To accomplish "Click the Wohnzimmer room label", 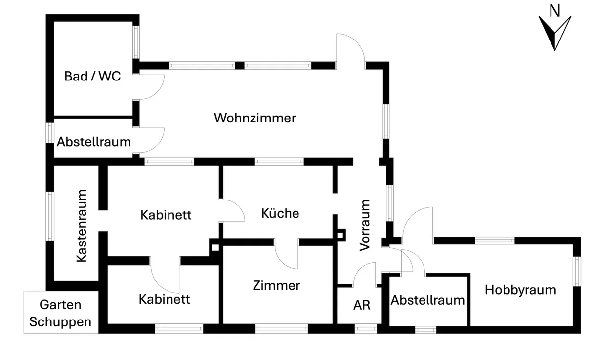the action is pos(255,118).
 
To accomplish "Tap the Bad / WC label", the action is pos(92,76).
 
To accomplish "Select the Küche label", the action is pos(280,213).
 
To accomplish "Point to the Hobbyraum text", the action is pos(520,290).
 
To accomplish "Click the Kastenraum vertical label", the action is pos(82,226).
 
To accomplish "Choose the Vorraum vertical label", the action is pos(365,225).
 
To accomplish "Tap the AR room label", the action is pos(362,305).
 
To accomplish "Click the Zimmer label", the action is pos(276,285).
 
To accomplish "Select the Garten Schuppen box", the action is pos(61,313).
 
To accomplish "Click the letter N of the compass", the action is pos(555,11).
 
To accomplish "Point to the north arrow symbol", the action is pos(555,33).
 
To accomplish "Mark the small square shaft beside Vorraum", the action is pos(340,235).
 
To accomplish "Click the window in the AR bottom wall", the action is pos(366,329).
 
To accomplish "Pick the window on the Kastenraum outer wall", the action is pos(50,216).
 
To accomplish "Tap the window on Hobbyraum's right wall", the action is pos(577,272).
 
